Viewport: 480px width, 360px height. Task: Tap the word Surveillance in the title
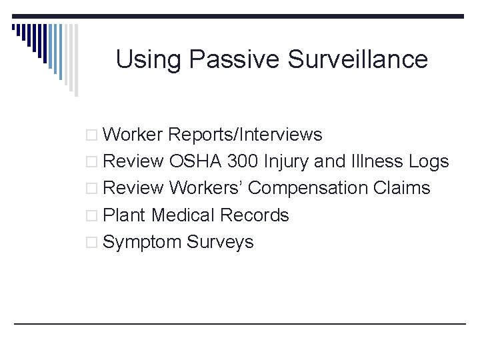(x=358, y=59)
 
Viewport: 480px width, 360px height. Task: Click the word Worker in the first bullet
(x=133, y=135)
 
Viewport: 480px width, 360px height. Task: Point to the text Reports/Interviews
(x=245, y=135)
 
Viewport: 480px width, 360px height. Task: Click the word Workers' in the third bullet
(x=205, y=188)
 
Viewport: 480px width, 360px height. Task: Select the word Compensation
(x=307, y=189)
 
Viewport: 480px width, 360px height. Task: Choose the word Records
(x=254, y=215)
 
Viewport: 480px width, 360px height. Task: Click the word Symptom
(x=143, y=242)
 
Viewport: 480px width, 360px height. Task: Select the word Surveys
(x=220, y=242)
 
